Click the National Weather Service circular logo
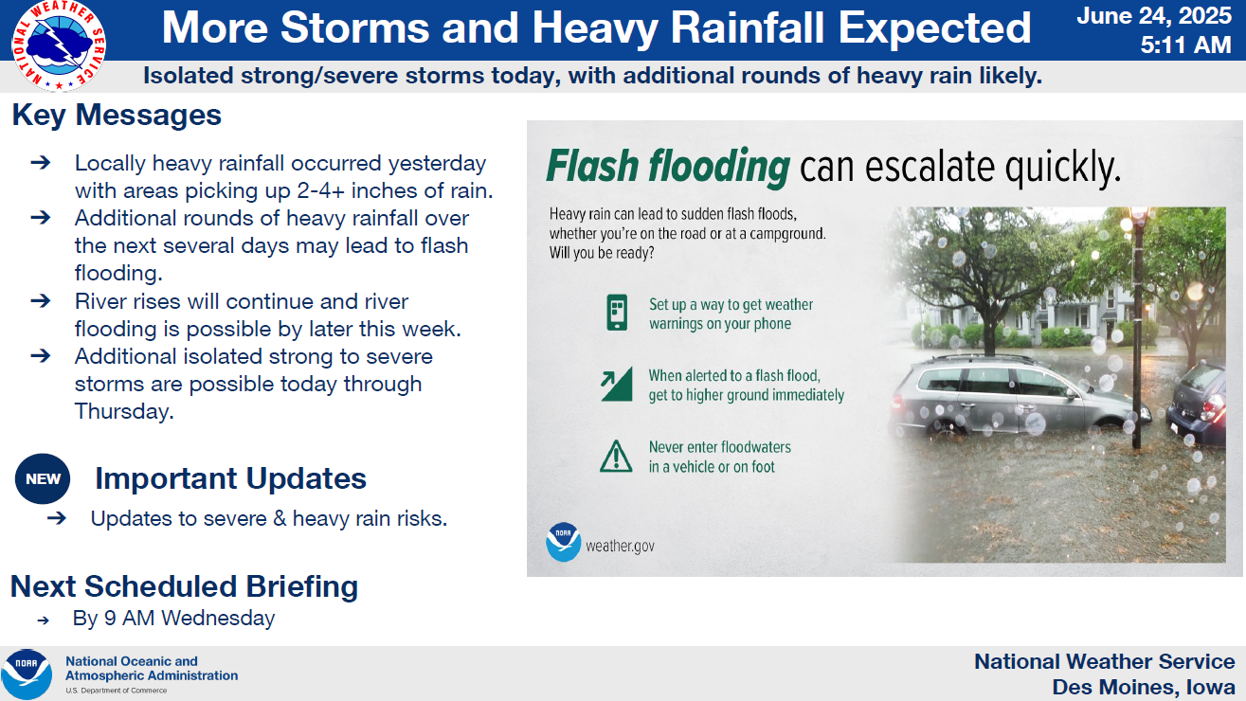coord(59,45)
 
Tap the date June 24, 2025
coord(1154,15)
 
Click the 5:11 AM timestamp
coord(1186,45)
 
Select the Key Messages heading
coord(117,115)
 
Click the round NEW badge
coord(43,478)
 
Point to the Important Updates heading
coord(231,478)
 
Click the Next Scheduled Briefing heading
coord(184,586)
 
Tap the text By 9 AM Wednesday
coord(173,619)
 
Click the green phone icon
coord(617,313)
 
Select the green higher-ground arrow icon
coord(616,385)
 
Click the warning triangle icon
coord(616,457)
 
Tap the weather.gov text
coord(621,546)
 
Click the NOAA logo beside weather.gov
coord(563,542)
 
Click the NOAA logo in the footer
coord(27,674)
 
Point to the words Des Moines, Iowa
coord(1144,687)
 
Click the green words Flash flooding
coord(668,166)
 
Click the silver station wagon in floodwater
coord(1018,395)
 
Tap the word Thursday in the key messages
coord(124,411)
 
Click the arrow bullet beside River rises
coord(41,301)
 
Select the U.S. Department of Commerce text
coord(117,691)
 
